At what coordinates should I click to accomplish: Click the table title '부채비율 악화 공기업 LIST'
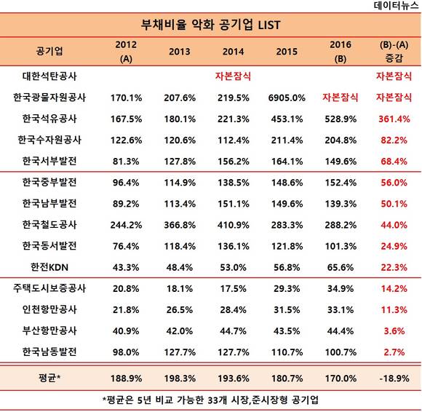tap(210, 25)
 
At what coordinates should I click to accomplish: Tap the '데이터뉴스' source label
tap(396, 5)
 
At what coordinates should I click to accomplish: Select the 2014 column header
tap(233, 52)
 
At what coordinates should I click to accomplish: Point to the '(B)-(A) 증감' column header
tap(394, 51)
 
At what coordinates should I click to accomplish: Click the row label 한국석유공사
tap(49, 119)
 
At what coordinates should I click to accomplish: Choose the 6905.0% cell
tap(287, 98)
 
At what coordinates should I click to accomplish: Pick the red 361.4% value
tap(394, 119)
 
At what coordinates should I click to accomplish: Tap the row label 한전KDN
tap(49, 267)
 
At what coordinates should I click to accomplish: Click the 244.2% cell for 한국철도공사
tap(126, 225)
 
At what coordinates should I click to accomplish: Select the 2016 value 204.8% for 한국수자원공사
tap(341, 140)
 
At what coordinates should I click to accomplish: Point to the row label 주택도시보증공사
tap(49, 288)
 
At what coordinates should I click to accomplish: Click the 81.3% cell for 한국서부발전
tap(126, 162)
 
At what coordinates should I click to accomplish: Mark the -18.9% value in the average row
tap(394, 379)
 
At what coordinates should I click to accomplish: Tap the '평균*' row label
tap(49, 378)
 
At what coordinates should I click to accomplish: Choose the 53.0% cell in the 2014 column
tap(233, 267)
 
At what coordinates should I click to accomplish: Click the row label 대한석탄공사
tap(49, 76)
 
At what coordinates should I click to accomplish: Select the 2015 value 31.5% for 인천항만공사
tap(287, 309)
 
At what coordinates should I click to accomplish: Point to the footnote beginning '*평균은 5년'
tap(210, 400)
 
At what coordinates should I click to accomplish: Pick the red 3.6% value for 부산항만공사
tap(394, 331)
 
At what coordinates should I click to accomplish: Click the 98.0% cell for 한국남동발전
tap(126, 352)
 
